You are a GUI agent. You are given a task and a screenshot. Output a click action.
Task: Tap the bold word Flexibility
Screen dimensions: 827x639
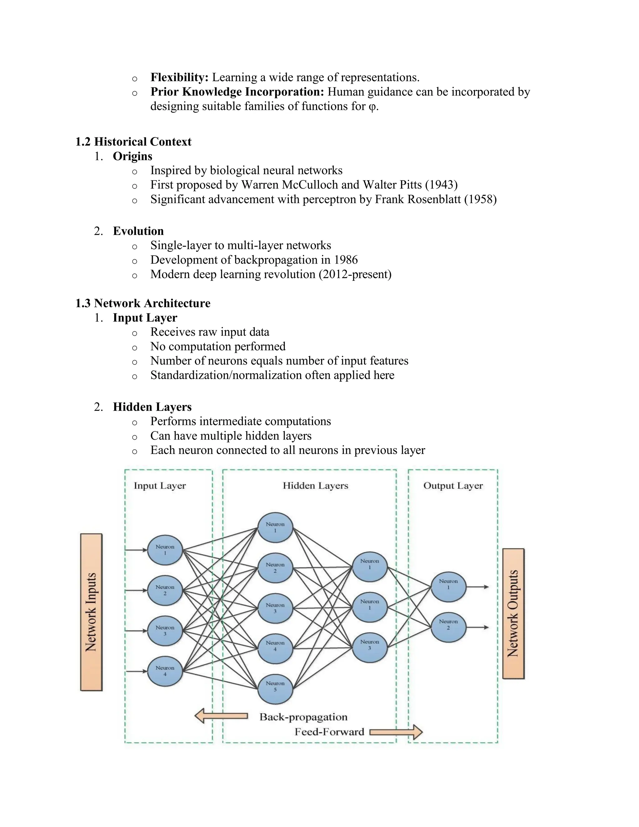[179, 77]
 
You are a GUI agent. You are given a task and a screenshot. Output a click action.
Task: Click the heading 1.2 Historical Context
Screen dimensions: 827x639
[133, 142]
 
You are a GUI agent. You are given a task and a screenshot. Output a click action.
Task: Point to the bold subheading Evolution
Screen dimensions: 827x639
[138, 231]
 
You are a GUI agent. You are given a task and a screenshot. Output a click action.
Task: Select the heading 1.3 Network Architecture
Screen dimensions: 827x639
[143, 303]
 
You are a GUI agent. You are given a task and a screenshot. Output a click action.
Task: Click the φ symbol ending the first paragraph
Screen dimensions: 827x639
[372, 106]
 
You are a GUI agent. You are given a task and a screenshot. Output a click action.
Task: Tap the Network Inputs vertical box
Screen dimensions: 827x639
[91, 612]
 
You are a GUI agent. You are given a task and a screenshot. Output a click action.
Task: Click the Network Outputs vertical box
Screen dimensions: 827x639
[513, 614]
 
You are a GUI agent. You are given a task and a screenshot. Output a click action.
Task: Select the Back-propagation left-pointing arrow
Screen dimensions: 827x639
[221, 716]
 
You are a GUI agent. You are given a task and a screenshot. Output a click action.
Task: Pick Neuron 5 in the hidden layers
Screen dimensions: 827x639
[275, 689]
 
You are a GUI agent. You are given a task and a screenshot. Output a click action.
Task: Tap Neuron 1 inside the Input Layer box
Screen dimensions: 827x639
[165, 550]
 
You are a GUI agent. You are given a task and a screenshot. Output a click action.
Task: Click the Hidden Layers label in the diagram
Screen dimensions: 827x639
[315, 486]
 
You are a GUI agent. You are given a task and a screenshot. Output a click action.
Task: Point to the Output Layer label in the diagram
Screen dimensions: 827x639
[453, 486]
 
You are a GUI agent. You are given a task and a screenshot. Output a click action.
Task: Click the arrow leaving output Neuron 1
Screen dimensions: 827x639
[477, 587]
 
